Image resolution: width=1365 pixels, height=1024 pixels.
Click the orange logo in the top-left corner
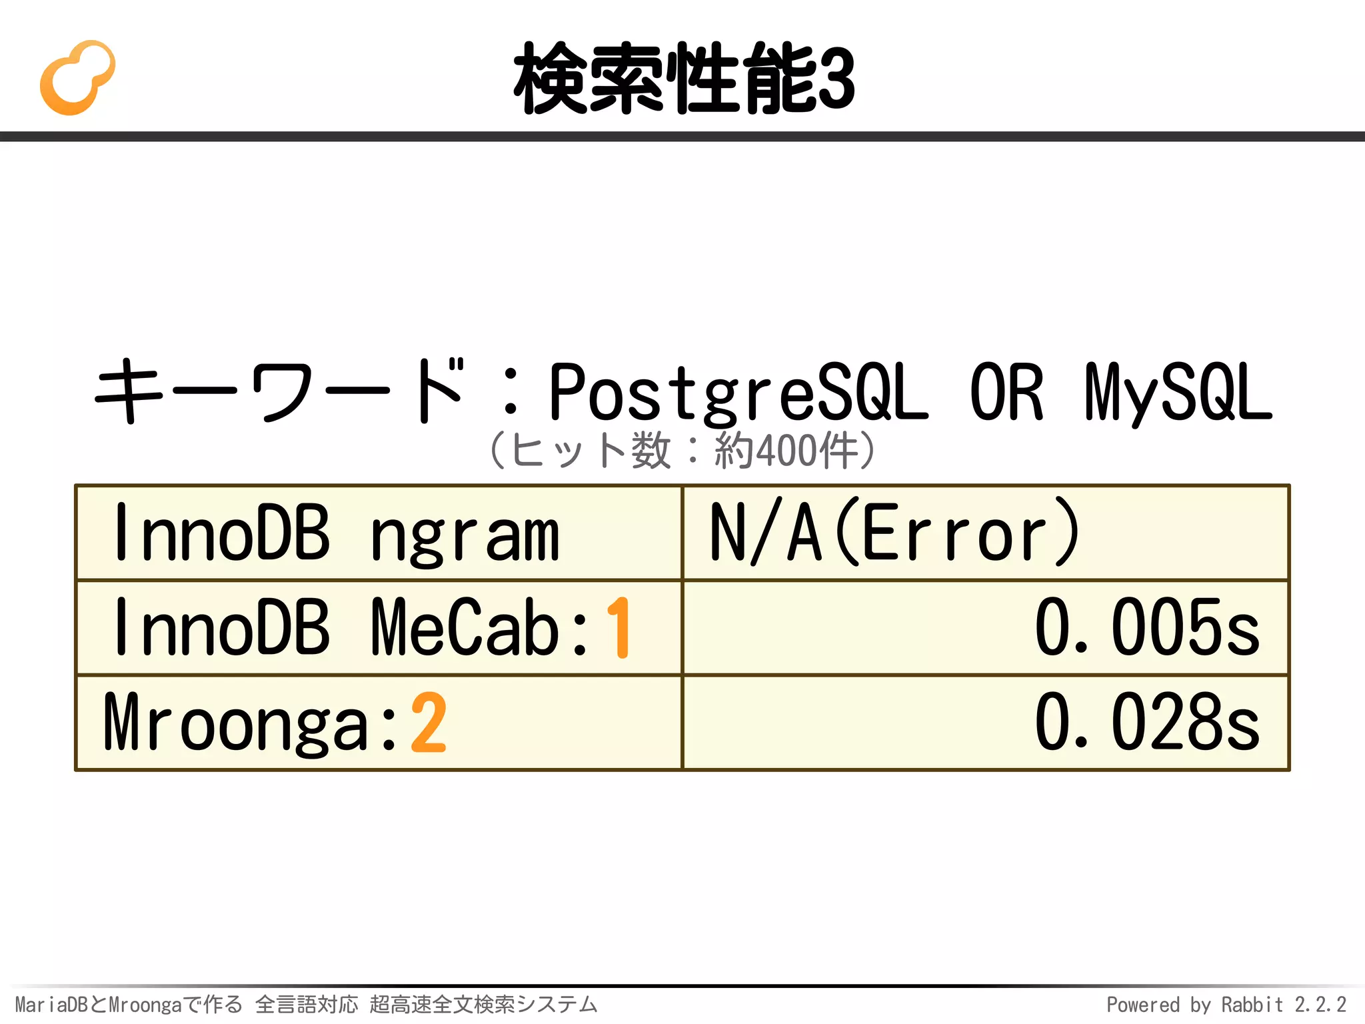(x=77, y=78)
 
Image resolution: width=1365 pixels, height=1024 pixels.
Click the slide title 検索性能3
(x=684, y=79)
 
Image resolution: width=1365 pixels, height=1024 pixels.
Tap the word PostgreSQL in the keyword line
(x=738, y=393)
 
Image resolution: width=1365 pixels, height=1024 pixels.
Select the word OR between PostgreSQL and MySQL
(x=1006, y=393)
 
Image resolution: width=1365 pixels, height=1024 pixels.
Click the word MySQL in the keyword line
(x=1178, y=393)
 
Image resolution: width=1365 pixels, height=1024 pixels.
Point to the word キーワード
(x=280, y=392)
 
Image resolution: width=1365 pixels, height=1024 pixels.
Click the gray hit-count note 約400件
(x=786, y=451)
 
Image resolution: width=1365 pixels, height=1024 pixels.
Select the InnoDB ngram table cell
(x=379, y=533)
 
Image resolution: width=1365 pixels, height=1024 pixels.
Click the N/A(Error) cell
(x=985, y=533)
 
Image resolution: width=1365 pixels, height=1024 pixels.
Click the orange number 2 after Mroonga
(x=428, y=723)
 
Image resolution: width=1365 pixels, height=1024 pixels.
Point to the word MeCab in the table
(x=465, y=627)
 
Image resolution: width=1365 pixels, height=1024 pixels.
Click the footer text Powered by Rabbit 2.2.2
(x=1226, y=1004)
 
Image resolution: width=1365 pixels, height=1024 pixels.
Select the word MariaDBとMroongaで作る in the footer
(x=129, y=1004)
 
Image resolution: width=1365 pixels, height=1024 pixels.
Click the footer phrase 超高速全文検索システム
(x=483, y=1004)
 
